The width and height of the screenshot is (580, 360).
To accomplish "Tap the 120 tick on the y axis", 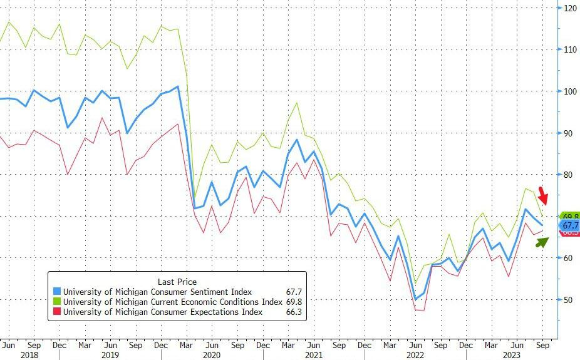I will coord(570,8).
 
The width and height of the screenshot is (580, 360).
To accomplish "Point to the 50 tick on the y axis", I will coord(568,300).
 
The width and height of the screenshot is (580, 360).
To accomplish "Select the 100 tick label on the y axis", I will coord(570,91).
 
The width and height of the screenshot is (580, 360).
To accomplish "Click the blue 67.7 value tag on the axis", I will coord(569,225).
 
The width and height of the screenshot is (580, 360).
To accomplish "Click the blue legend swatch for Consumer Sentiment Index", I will coord(56,292).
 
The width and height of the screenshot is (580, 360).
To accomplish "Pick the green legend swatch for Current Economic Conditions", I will coord(56,302).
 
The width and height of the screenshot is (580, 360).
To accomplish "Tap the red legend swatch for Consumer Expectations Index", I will coord(56,312).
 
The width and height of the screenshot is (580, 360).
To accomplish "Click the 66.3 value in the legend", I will coord(295,312).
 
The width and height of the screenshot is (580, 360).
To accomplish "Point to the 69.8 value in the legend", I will coord(295,302).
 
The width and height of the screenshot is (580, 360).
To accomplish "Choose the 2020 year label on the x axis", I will coord(212,355).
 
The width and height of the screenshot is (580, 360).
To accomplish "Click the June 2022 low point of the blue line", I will coord(415,299).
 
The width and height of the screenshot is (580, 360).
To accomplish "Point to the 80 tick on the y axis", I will coord(568,175).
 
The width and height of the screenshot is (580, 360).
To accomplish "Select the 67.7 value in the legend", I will coord(295,292).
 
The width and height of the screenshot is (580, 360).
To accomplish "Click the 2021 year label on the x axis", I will coord(314,355).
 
